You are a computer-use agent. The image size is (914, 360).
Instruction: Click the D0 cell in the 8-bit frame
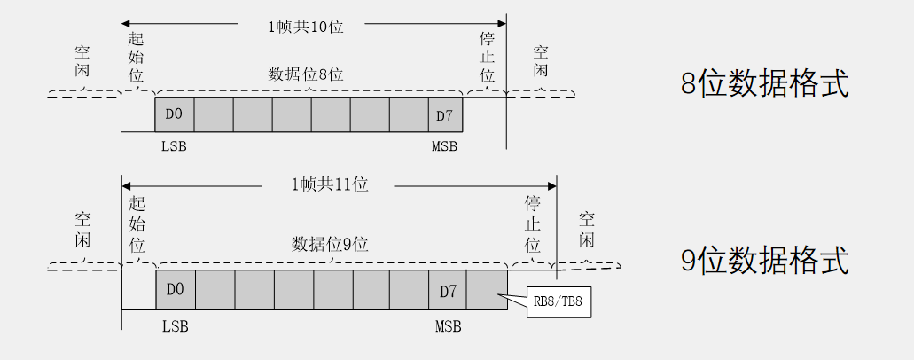pos(174,115)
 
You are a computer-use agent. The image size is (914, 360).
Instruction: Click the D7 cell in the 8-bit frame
pos(445,115)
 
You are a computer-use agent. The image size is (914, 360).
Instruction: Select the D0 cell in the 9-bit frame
pos(175,290)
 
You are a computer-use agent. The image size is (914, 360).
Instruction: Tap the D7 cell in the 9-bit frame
pos(448,290)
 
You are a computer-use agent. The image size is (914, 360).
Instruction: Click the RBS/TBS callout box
pos(559,303)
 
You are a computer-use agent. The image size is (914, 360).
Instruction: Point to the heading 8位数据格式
pos(764,84)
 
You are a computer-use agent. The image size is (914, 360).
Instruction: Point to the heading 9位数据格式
pos(764,261)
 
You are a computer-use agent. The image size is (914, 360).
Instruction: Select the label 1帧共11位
pos(329,185)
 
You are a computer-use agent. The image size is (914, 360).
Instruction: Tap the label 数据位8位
pos(306,75)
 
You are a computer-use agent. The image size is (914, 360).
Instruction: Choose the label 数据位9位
pos(330,244)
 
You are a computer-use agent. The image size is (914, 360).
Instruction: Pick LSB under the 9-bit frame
pos(176,327)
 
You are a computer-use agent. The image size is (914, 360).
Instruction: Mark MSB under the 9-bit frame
pos(448,327)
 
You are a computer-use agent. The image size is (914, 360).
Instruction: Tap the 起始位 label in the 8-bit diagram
pos(136,57)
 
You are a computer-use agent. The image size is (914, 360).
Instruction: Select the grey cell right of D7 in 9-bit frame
pos(487,290)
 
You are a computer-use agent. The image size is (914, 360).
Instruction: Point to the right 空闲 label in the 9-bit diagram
pos(587,230)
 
